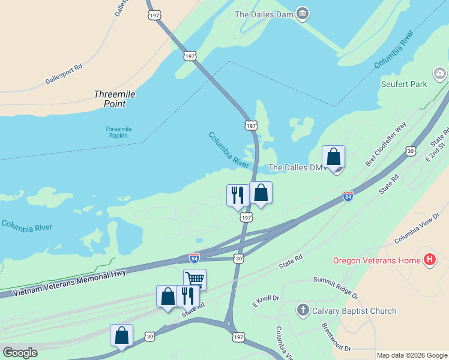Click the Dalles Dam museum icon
pos(303,13)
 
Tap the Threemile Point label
pos(110,99)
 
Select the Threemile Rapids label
pos(118,132)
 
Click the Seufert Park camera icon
pos(440,74)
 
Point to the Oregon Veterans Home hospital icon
pos(429,260)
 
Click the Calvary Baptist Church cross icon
pos(303,310)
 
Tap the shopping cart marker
pos(194,279)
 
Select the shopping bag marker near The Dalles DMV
pos(334,157)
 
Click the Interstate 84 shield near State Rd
pos(348,196)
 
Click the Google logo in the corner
pos(20,352)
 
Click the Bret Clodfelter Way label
pos(386,143)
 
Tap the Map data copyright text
pos(411,356)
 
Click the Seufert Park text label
pos(404,85)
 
